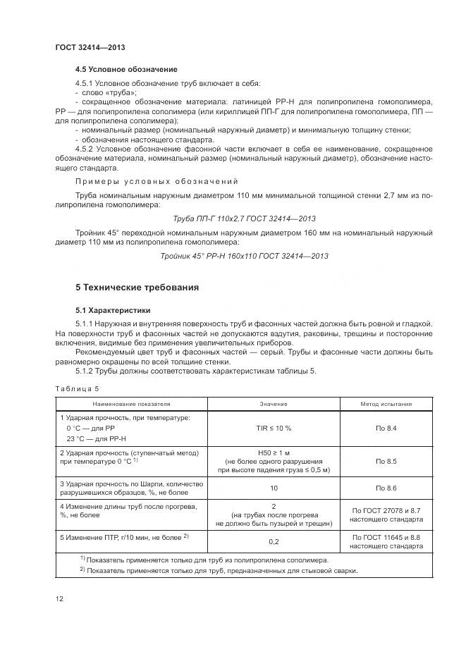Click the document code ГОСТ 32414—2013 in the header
coord(90,48)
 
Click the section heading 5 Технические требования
coord(137,288)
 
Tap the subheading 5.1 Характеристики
coord(113,310)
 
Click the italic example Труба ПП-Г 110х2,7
coord(243,218)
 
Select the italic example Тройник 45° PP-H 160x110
coord(244,256)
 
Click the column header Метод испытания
coord(386,404)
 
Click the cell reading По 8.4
coord(386,428)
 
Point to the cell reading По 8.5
coord(386,461)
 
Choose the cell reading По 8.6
coord(386,488)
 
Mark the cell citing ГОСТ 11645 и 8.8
coord(386,541)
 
